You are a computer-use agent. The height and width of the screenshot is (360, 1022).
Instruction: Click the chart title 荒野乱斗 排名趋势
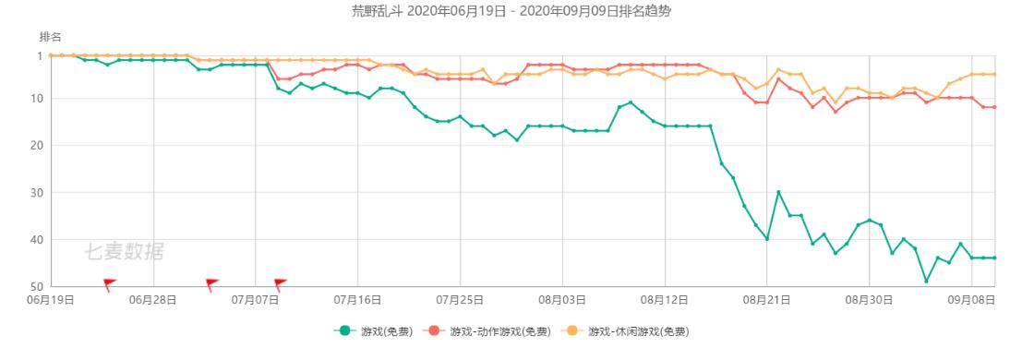(x=510, y=11)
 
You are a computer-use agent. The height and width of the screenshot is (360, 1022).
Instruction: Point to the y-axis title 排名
(x=50, y=37)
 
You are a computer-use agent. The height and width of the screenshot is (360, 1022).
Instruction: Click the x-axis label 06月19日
(x=51, y=300)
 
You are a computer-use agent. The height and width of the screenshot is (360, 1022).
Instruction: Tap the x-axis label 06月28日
(x=153, y=300)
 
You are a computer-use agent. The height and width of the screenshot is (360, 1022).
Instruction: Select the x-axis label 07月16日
(x=357, y=300)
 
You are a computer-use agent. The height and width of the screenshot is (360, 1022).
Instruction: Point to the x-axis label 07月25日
(x=460, y=300)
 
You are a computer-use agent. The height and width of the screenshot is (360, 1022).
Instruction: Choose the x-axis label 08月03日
(x=562, y=300)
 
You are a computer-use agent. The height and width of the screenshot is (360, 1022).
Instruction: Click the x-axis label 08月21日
(x=766, y=300)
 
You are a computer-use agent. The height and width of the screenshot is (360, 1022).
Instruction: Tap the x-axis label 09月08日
(x=971, y=300)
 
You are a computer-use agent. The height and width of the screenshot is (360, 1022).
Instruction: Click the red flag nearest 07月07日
(x=280, y=283)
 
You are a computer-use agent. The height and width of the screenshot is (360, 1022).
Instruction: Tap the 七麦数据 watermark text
(x=124, y=250)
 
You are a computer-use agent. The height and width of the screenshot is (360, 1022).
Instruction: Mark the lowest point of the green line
(x=926, y=281)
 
